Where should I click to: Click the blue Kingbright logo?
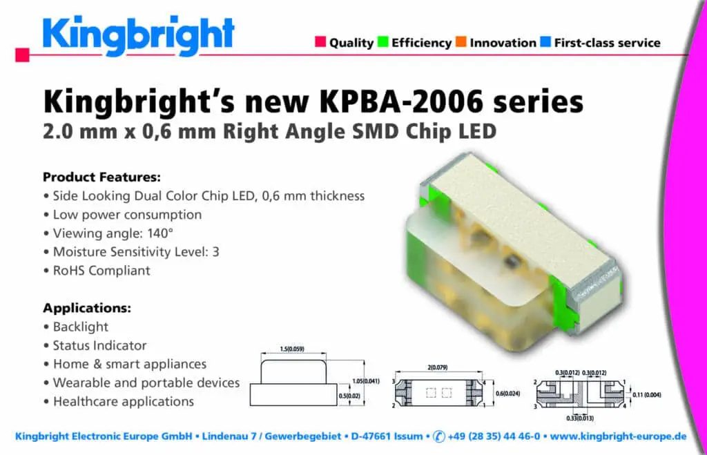pos(138,36)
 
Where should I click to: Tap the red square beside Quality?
pos(320,41)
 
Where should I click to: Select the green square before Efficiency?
pos(382,41)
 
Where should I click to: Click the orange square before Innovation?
pos(461,41)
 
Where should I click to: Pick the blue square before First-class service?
pos(545,41)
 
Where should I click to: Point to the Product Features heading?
pos(101,177)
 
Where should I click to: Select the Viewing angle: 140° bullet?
pos(113,233)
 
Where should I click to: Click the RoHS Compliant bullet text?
pos(101,271)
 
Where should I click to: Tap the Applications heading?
pos(87,308)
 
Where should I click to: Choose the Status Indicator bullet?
pos(99,345)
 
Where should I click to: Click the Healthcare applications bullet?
pos(124,401)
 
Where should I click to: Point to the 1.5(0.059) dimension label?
pos(292,349)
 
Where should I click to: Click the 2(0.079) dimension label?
pos(437,367)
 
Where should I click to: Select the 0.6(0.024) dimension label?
pos(507,394)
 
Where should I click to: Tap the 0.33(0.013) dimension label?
pos(580,418)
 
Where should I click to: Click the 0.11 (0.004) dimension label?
pos(646,395)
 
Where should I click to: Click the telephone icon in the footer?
pos(438,436)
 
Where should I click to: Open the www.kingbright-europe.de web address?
pos(618,436)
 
